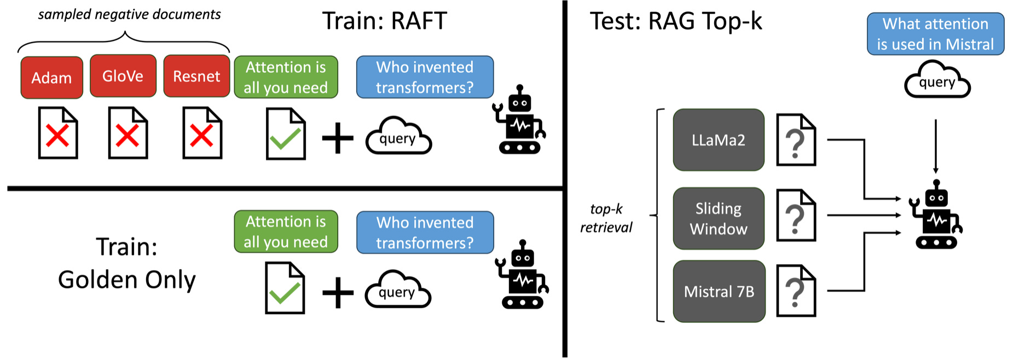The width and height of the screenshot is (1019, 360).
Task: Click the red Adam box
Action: point(51,78)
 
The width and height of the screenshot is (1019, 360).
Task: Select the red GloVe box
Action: point(123,76)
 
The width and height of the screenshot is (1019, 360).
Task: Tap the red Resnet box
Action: point(196,77)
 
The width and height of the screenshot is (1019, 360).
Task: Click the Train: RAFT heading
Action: point(384,21)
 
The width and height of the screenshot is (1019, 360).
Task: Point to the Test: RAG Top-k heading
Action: point(675,21)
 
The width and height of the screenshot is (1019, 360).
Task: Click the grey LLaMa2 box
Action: point(719,140)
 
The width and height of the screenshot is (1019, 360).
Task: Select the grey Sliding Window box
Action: point(719,218)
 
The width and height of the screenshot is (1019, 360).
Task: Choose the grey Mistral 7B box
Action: point(719,292)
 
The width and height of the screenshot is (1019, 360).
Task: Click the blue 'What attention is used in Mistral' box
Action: point(935,34)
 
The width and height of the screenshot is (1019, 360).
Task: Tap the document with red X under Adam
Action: point(57,133)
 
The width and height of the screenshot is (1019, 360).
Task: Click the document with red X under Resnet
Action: point(202,133)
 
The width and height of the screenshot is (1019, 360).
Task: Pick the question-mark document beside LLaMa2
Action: point(796,140)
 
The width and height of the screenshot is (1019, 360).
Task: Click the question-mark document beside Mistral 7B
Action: point(796,291)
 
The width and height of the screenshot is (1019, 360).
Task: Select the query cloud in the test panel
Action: point(937,81)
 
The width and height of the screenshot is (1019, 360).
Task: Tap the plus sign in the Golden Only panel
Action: point(338,293)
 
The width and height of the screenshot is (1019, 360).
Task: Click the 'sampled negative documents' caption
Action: point(129,15)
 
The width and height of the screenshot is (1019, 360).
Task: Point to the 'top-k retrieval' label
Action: point(606,218)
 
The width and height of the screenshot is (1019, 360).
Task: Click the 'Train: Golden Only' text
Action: point(126,263)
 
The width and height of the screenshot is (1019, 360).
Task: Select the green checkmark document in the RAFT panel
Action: point(285,134)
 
